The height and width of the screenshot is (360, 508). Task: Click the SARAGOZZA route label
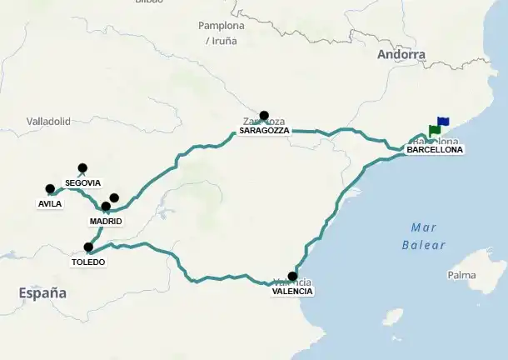264,131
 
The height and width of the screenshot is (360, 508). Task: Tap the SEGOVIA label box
82,182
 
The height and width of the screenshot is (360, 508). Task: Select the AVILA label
50,203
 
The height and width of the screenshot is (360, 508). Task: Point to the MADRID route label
106,221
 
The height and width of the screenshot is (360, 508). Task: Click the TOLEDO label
88,262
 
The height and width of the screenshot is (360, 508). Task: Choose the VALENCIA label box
292,291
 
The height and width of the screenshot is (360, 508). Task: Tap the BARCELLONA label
435,150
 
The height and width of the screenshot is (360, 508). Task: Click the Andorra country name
401,55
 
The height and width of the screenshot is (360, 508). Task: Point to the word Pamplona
222,25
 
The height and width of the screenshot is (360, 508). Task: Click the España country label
42,292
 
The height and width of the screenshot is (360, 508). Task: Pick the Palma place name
461,275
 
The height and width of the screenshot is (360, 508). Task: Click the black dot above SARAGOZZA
264,116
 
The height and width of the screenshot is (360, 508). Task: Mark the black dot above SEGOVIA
82,167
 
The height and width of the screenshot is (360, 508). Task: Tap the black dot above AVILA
50,189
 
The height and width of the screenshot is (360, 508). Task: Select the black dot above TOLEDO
88,247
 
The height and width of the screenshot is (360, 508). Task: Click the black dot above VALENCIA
292,276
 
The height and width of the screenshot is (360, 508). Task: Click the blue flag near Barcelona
442,122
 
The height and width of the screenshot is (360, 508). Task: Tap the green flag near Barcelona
434,130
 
